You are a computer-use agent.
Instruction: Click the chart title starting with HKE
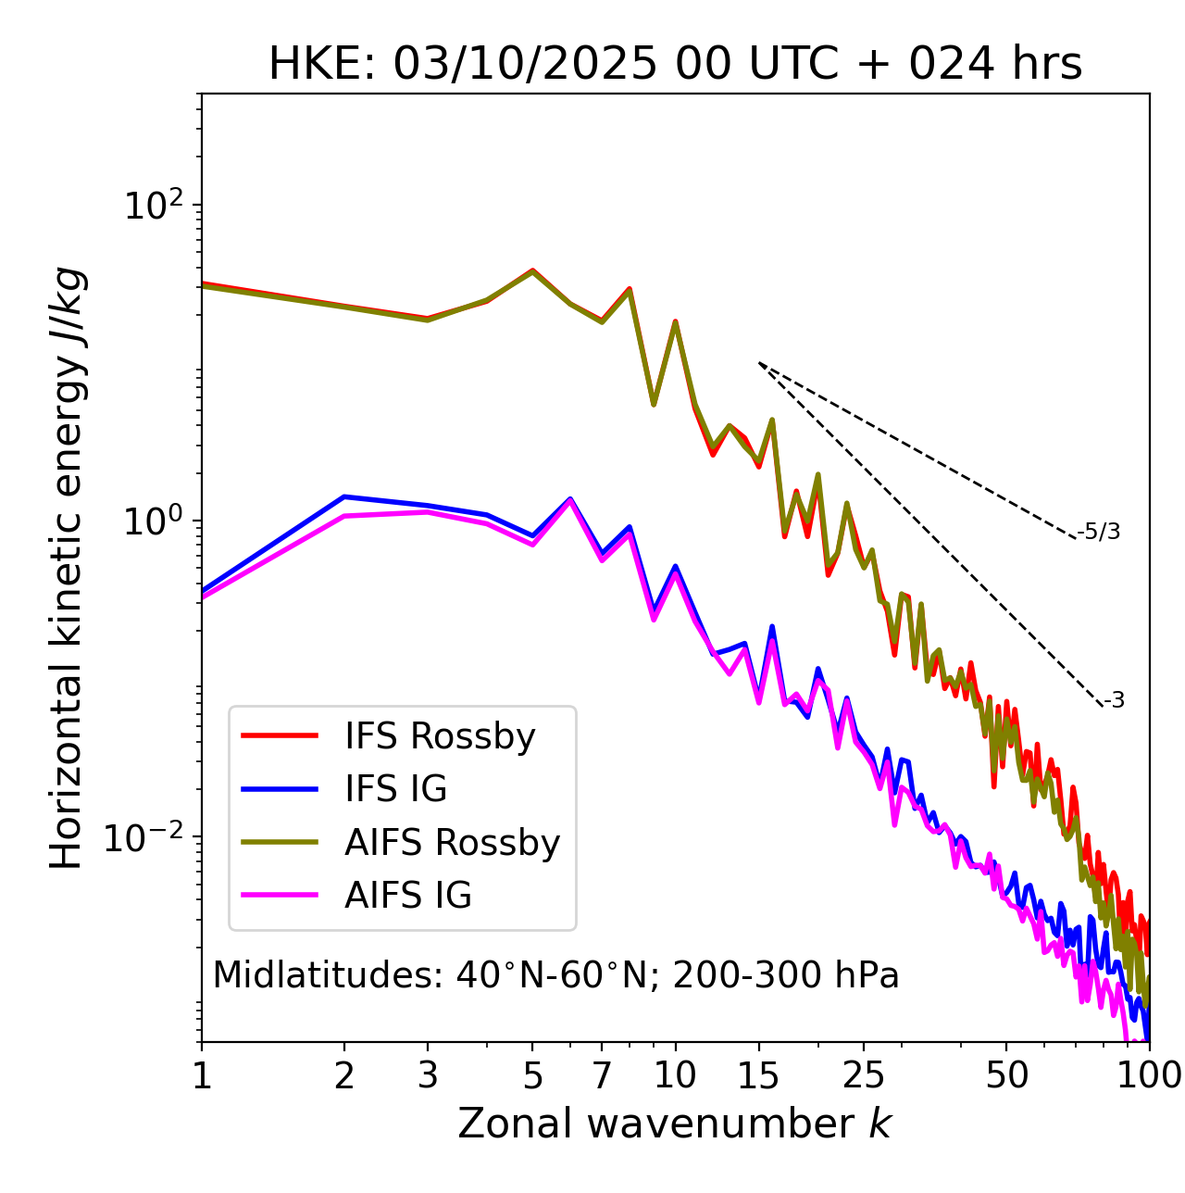point(675,65)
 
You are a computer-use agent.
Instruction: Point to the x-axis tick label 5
point(532,1075)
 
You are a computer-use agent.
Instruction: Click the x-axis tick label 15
point(759,1075)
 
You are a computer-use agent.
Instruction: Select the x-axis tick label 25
point(864,1075)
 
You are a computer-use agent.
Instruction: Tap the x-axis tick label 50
point(1006,1075)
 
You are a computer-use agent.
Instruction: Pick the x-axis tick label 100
point(1149,1075)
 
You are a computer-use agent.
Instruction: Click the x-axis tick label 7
point(602,1075)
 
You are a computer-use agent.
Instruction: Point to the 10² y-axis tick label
point(155,205)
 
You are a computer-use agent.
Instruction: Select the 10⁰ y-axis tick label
point(155,521)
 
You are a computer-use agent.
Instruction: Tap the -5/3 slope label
point(1099,533)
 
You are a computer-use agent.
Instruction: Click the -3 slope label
point(1114,701)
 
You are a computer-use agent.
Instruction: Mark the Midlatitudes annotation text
point(555,975)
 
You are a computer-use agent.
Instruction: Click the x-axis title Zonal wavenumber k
point(675,1124)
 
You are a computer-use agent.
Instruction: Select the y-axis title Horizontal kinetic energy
point(67,568)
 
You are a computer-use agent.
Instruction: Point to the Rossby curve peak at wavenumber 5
point(532,270)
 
